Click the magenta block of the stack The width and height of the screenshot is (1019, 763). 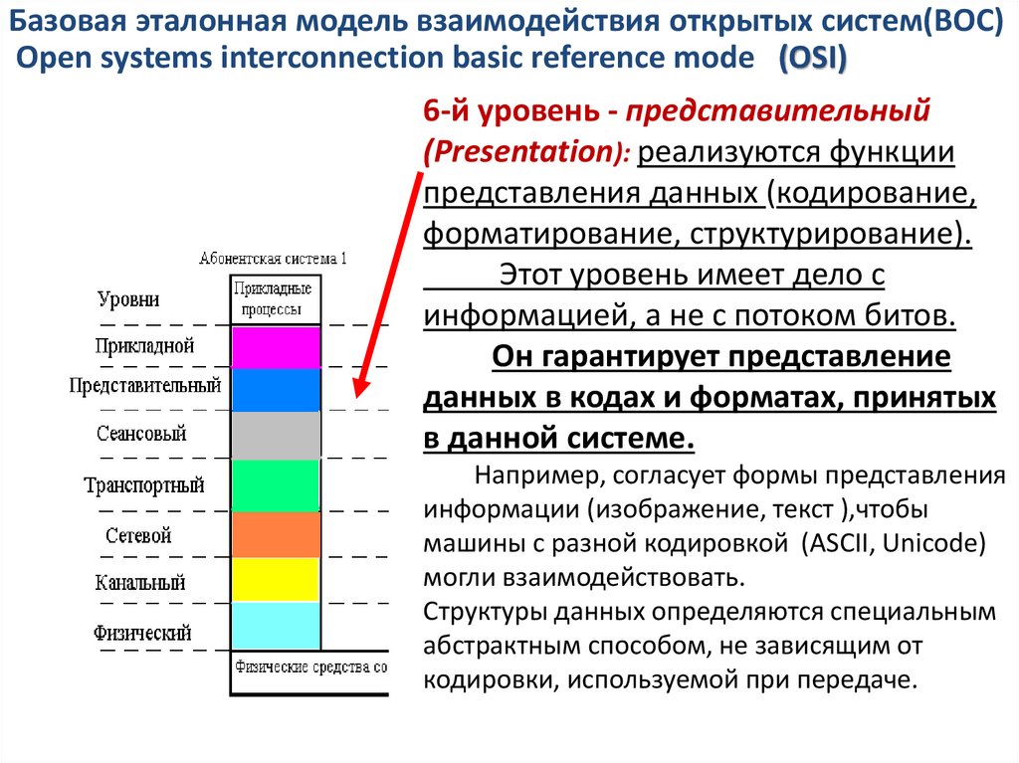[276, 347]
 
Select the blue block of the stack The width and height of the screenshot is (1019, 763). [276, 390]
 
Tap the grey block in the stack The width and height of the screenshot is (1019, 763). [276, 435]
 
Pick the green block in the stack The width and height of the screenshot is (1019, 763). [276, 485]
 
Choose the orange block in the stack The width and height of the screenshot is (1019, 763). [276, 534]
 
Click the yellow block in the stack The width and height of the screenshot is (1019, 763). [276, 579]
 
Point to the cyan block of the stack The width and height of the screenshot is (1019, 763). [276, 626]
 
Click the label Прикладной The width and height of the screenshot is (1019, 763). [145, 346]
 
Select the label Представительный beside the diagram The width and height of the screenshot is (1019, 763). [144, 385]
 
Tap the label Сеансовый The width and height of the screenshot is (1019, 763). [141, 435]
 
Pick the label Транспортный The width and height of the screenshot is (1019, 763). [144, 486]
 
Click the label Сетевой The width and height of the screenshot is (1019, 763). [138, 535]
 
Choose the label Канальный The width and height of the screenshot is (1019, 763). [140, 583]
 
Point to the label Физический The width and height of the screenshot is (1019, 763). [142, 633]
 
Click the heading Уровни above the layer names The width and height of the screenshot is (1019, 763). [128, 298]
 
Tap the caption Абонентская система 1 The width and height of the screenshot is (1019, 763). [273, 259]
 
